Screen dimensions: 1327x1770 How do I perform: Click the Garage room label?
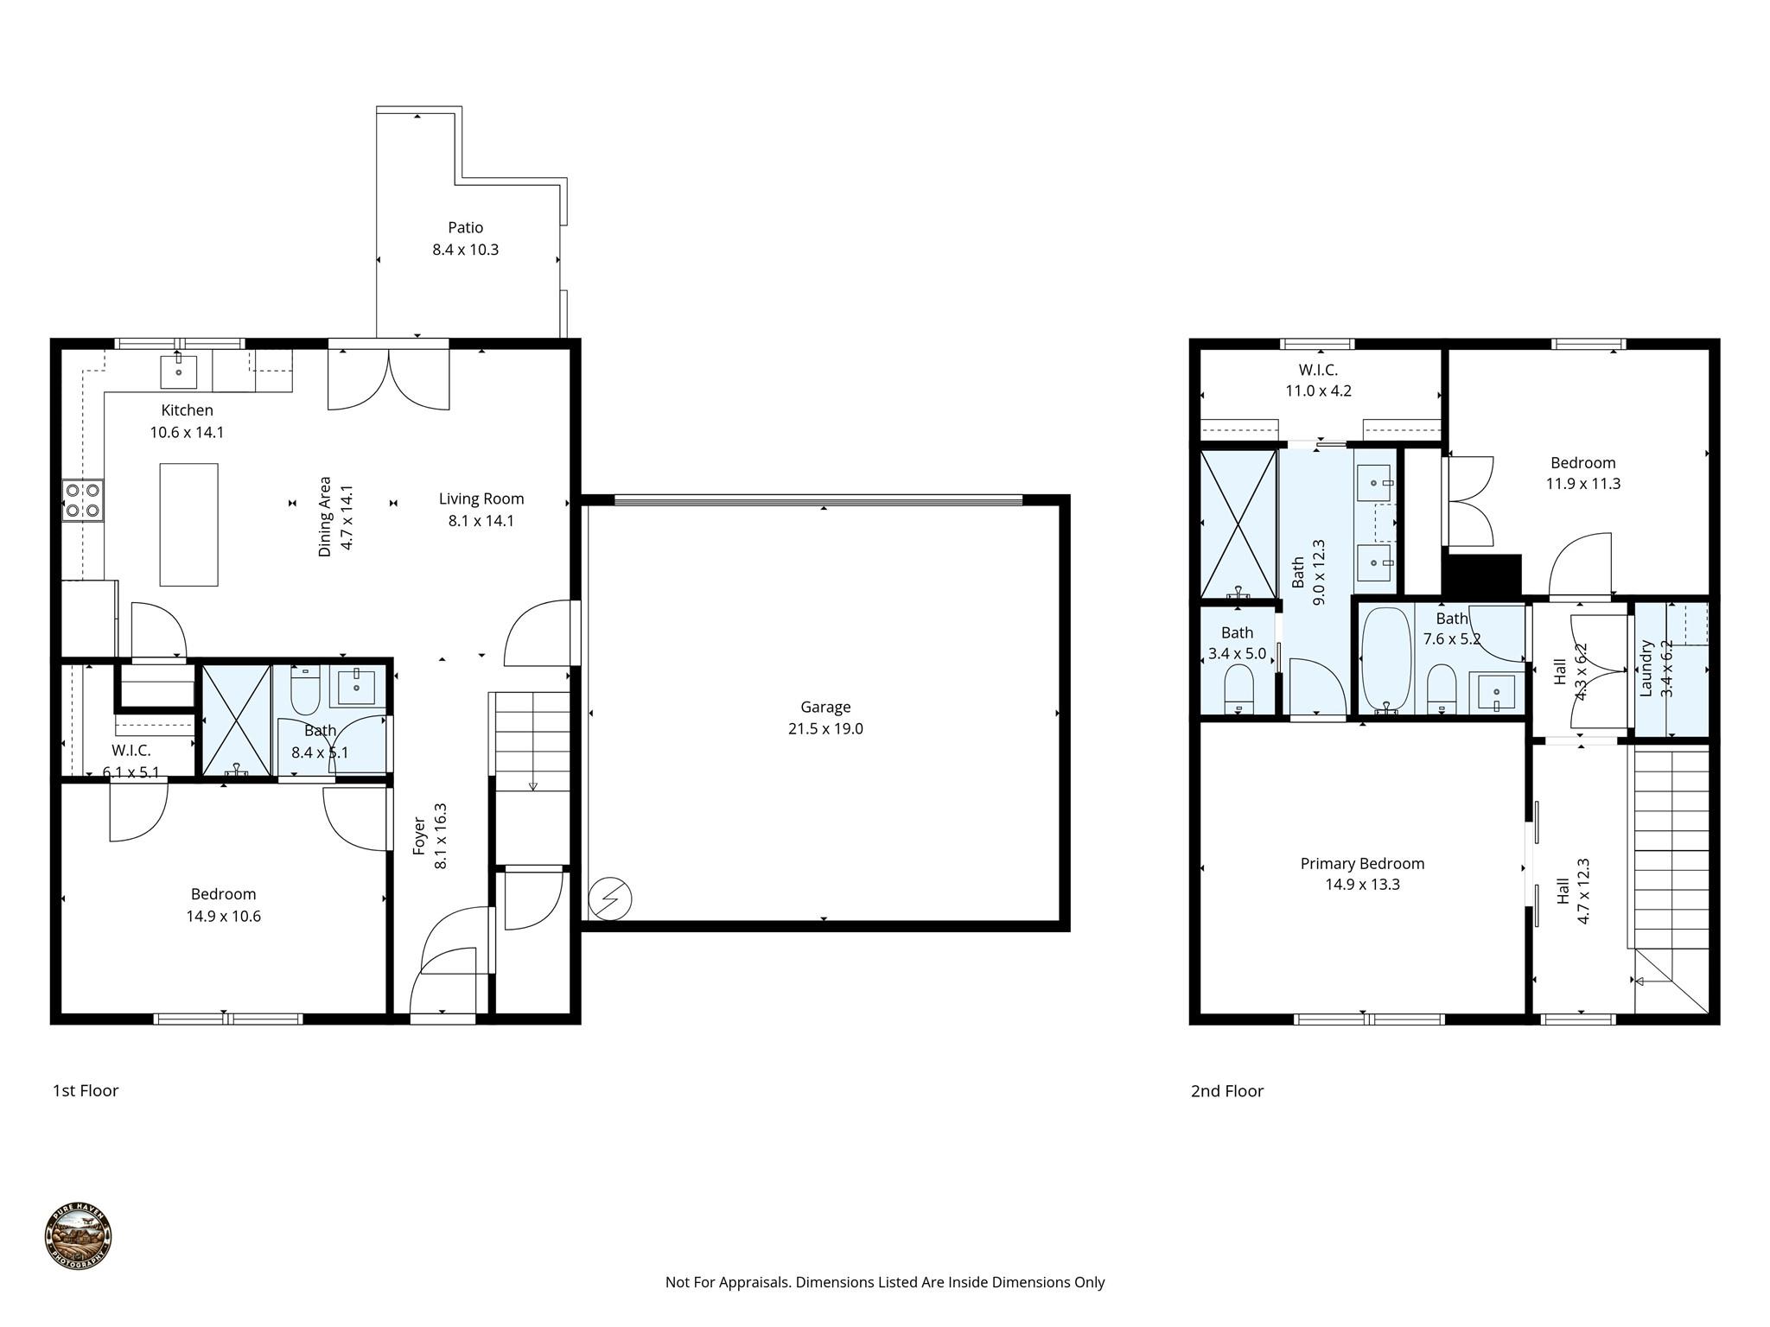coord(825,707)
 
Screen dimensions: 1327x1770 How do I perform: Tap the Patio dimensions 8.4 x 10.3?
coord(465,250)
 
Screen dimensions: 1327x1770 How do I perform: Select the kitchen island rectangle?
coord(188,524)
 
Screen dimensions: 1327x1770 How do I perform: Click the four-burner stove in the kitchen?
coord(82,500)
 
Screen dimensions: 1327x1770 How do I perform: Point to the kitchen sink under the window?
coord(179,372)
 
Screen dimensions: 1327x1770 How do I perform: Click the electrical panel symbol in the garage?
coord(610,899)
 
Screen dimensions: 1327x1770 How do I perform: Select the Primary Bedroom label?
coord(1362,863)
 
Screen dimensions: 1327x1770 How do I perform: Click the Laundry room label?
coord(1646,668)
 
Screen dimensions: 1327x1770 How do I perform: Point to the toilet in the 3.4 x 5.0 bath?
coord(1239,687)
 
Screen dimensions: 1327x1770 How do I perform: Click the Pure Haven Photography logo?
coord(78,1237)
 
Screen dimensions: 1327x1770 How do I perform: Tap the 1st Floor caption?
coord(86,1090)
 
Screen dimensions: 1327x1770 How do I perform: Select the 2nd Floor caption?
coord(1226,1091)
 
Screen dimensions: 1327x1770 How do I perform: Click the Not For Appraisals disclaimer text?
coord(884,1282)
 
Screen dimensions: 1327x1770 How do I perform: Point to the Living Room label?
coord(481,498)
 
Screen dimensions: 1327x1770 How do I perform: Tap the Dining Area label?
coord(325,516)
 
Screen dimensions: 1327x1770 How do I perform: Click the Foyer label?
coord(419,835)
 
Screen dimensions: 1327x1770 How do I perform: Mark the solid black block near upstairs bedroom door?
coord(1481,575)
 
